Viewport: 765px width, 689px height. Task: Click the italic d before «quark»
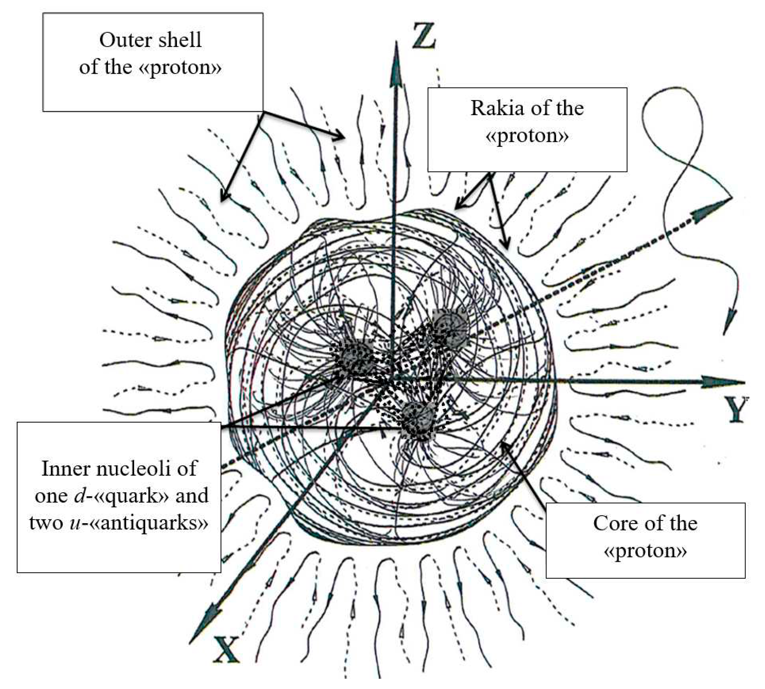coord(81,496)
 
